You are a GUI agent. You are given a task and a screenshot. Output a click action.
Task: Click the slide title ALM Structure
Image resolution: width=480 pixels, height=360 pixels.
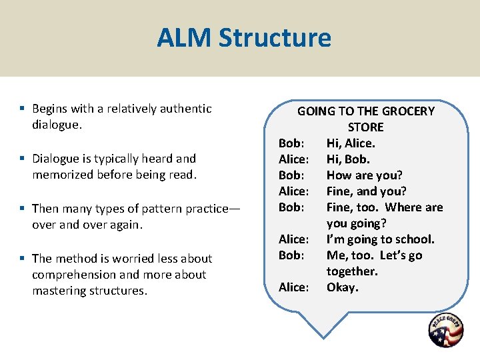(243, 38)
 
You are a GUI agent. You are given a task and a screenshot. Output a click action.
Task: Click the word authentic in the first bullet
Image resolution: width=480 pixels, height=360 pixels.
(187, 109)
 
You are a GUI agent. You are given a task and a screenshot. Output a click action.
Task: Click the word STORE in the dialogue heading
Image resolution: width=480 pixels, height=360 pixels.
(365, 127)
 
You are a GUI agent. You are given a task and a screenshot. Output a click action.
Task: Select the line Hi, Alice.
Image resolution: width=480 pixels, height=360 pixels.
(351, 143)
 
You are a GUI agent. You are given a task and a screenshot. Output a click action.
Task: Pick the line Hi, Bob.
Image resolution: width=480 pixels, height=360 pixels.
(348, 159)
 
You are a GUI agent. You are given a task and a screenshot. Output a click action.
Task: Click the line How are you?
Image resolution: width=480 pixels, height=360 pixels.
(364, 175)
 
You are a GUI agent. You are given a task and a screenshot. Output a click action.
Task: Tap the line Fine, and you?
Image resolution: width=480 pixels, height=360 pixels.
(366, 191)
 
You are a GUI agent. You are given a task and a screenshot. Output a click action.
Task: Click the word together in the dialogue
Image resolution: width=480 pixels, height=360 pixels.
(351, 271)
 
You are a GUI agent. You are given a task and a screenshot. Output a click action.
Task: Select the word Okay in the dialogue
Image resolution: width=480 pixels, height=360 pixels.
(342, 287)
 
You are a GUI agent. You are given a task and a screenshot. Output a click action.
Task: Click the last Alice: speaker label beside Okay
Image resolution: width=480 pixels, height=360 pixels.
(293, 287)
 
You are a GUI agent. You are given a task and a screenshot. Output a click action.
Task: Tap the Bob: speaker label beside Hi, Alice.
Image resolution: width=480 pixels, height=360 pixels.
(291, 143)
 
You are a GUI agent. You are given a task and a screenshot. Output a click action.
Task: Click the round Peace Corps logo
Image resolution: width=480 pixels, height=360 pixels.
(446, 330)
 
